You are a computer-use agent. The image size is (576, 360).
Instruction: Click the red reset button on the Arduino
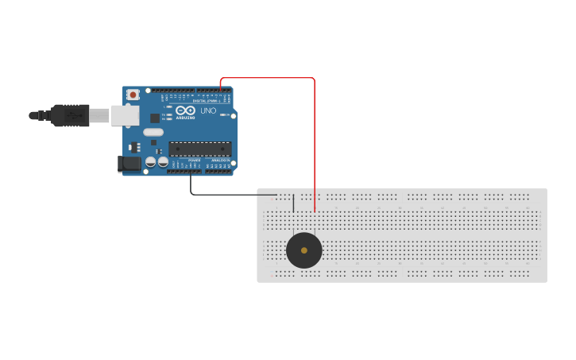point(133,95)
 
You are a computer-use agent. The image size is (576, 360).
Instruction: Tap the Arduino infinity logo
point(185,110)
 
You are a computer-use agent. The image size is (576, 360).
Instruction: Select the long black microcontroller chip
point(199,148)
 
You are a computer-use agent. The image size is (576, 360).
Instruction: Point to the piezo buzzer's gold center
point(304,250)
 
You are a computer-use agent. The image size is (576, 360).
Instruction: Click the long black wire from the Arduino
point(230,194)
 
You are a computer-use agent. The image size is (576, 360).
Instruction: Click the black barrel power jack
point(129,164)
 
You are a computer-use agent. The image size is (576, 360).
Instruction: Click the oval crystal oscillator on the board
point(153,133)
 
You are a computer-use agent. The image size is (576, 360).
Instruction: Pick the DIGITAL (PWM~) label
point(207,101)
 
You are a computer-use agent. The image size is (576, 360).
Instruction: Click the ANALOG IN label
point(220,160)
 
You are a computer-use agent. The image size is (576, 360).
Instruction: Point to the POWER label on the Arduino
point(194,160)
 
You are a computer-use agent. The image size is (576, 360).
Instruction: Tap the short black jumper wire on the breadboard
point(293,203)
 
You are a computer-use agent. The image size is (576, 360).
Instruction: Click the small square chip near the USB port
point(154,118)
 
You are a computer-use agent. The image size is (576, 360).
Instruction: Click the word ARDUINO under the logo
point(185,118)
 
